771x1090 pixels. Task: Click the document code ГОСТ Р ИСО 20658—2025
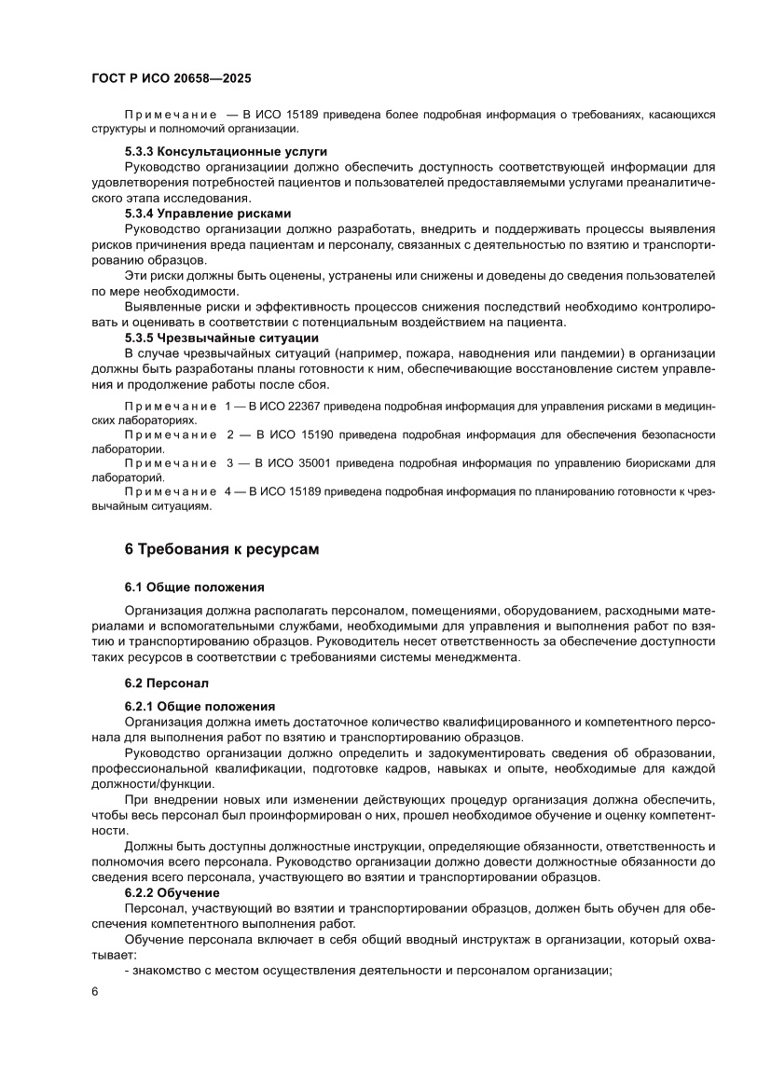click(172, 80)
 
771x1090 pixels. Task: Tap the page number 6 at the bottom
click(95, 992)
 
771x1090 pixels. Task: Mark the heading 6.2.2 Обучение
click(172, 893)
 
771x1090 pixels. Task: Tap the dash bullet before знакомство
click(127, 971)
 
